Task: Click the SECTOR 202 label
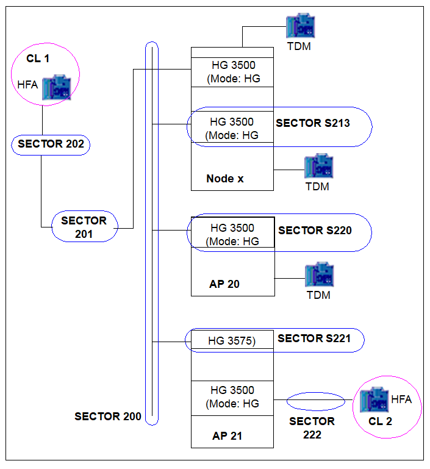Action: tap(51, 144)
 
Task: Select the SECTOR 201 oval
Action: tap(85, 211)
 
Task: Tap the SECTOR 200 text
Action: tap(107, 417)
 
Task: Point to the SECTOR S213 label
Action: tap(313, 123)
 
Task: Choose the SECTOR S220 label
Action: tap(315, 231)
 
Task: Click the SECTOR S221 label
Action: tap(314, 338)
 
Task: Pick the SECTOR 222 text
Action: tap(312, 428)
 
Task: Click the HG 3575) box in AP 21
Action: tap(232, 340)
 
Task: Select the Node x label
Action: tap(225, 179)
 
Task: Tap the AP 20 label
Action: tap(224, 284)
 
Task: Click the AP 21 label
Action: tap(228, 436)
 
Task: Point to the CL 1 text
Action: tap(38, 59)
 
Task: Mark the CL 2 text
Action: tap(380, 421)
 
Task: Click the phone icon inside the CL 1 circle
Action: tap(57, 87)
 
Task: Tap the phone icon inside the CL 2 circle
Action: tap(374, 399)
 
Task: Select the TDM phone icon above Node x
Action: tap(301, 26)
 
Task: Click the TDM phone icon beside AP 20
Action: tap(320, 274)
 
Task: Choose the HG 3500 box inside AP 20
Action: tap(232, 232)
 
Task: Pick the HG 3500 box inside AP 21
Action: tap(232, 398)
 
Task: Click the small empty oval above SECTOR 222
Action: tap(316, 393)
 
